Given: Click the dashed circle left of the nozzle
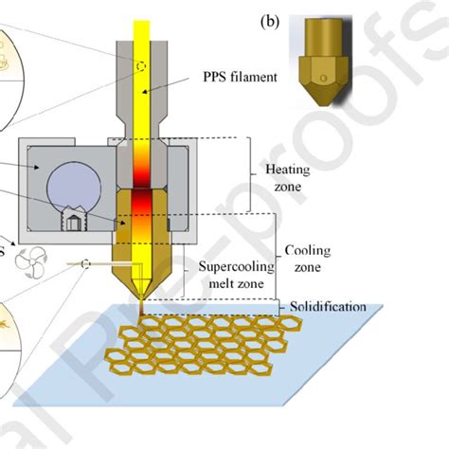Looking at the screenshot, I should click(x=85, y=264).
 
